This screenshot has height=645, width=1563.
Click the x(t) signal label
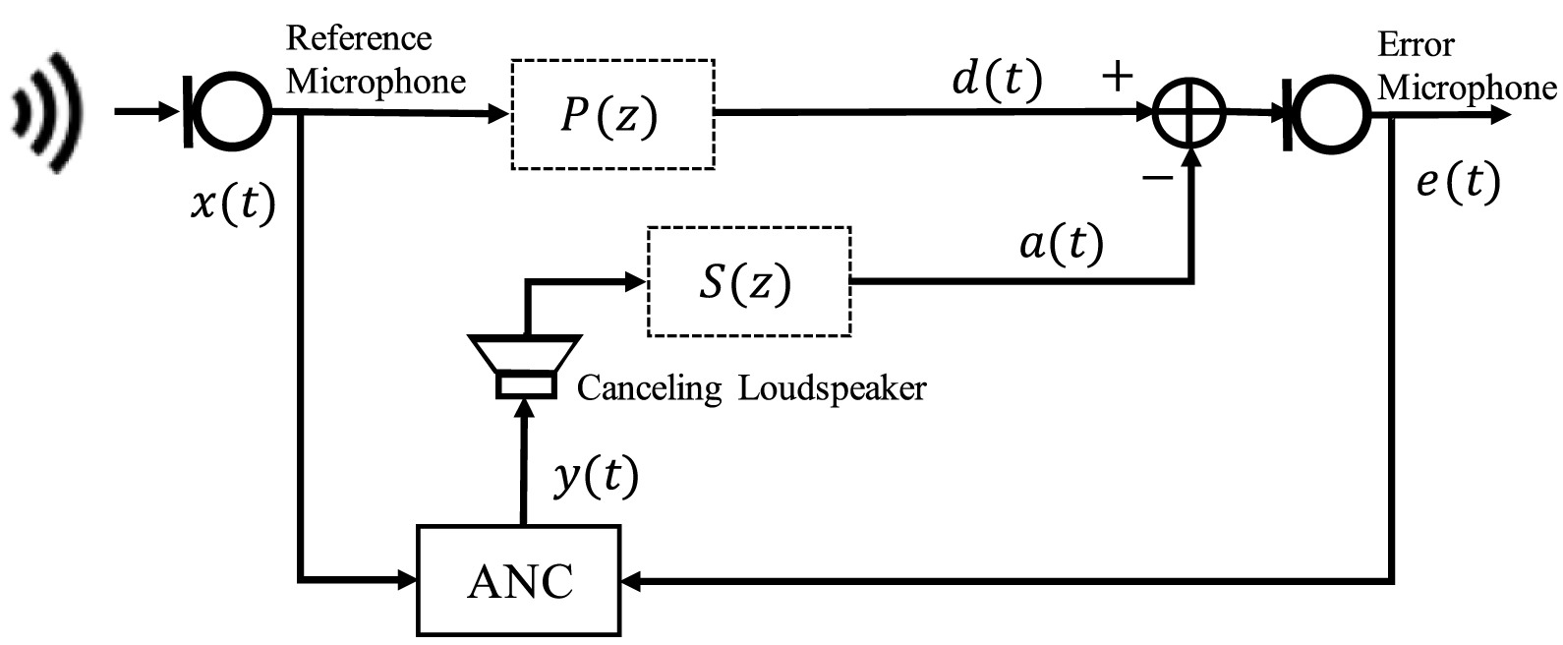234,204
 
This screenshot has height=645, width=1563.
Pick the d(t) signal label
997,78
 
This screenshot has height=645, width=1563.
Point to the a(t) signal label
1062,244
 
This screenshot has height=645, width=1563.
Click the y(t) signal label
596,477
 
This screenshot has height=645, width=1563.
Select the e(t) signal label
1459,183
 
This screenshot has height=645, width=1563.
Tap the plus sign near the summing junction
1117,76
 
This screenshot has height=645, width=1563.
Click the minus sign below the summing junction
1158,179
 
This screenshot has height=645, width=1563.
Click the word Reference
359,37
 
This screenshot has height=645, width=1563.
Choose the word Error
1416,44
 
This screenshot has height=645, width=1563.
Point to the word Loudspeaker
833,388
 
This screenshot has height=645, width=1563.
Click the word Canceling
649,388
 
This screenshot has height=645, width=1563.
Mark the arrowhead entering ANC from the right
630,581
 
